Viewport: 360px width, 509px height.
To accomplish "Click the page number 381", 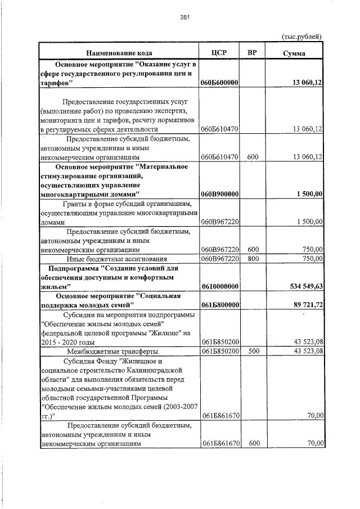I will coord(184,17).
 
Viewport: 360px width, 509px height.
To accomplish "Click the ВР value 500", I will coord(253,352).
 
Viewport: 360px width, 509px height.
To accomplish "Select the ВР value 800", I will coord(253,259).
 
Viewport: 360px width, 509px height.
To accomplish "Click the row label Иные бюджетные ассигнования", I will coord(117,259).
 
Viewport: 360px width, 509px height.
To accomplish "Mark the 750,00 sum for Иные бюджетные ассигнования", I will coord(312,259).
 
